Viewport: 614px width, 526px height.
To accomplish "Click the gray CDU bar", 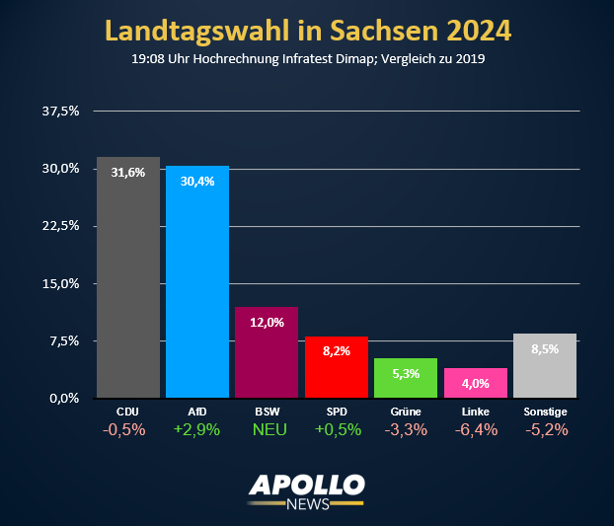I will [x=128, y=286].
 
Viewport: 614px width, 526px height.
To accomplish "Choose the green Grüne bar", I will [x=406, y=379].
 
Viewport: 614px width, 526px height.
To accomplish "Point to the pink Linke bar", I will [x=476, y=385].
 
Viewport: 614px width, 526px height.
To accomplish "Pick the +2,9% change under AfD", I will [x=197, y=430].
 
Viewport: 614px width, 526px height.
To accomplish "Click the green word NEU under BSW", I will [x=267, y=430].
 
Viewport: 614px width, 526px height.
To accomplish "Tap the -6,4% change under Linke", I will [x=476, y=430].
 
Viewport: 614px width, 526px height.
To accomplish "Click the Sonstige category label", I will [x=545, y=411].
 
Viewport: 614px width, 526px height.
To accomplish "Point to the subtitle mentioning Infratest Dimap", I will [x=308, y=58].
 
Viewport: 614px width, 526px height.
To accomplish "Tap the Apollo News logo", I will [x=307, y=490].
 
